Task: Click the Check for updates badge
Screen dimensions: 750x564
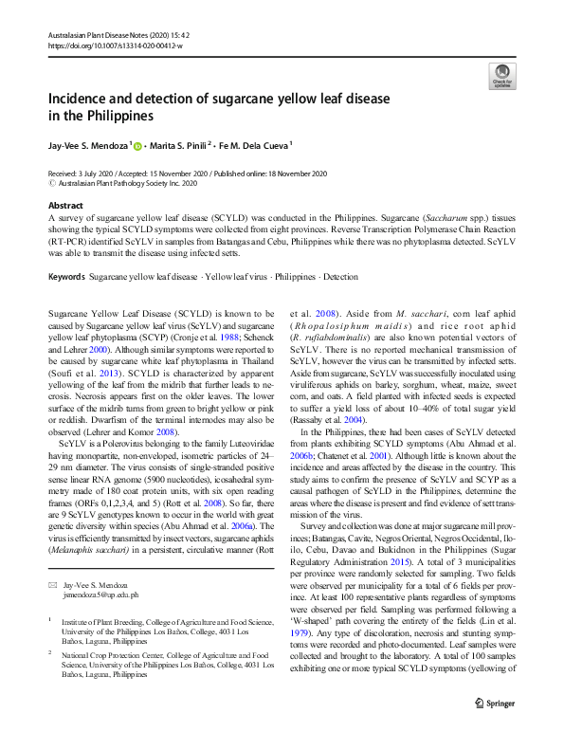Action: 500,76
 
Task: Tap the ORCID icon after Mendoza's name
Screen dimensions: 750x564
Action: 137,147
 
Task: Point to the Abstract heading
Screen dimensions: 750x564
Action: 65,205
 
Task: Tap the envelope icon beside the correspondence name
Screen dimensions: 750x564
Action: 53,560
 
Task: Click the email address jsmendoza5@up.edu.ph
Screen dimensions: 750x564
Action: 100,569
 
